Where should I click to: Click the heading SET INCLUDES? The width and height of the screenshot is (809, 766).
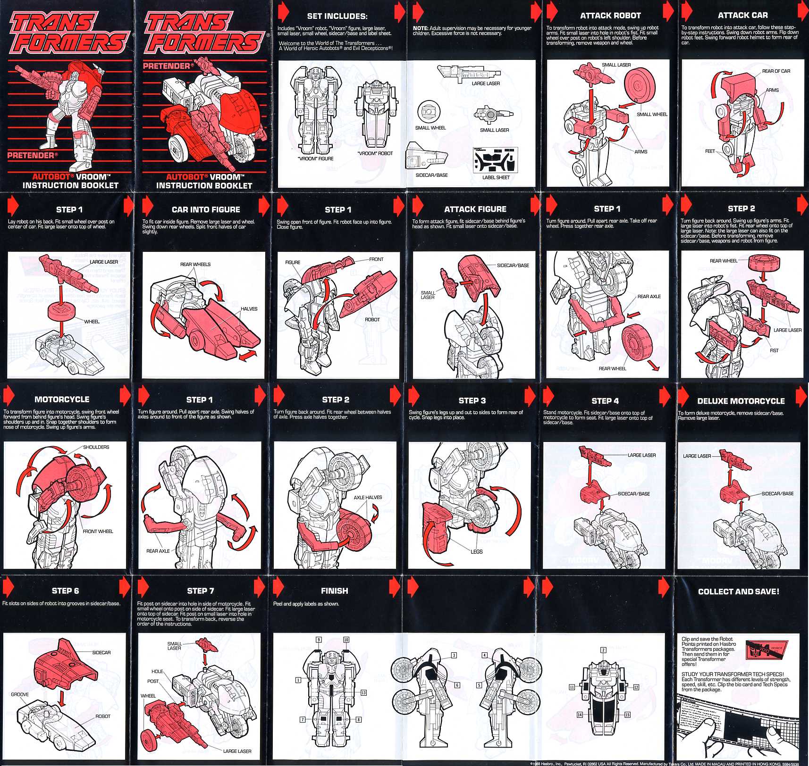point(337,16)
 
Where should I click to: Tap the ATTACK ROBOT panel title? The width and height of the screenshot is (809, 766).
point(610,16)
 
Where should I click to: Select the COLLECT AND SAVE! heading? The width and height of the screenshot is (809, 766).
point(738,591)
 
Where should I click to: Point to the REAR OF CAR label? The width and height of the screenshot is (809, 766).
point(776,71)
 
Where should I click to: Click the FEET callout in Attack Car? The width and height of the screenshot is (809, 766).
point(710,151)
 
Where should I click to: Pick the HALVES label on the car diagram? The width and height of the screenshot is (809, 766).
point(249,309)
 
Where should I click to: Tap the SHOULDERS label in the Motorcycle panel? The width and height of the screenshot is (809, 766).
point(96,447)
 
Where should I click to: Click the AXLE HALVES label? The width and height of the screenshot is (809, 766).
point(368,497)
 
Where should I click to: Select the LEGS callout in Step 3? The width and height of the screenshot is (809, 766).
point(476,551)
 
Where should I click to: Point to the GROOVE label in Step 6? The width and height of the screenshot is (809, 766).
point(20,694)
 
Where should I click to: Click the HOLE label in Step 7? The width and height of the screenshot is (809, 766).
point(157,671)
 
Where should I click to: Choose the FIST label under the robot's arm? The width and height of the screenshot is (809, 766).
point(774,350)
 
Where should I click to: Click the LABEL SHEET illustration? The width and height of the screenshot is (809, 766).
point(495,160)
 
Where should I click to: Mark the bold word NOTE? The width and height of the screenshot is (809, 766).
point(420,28)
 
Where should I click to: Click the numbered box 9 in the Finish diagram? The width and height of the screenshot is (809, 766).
point(319,640)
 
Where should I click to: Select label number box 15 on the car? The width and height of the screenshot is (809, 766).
point(627,715)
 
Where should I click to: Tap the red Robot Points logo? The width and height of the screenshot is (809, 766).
point(767,649)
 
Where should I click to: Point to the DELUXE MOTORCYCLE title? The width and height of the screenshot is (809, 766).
point(741,401)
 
